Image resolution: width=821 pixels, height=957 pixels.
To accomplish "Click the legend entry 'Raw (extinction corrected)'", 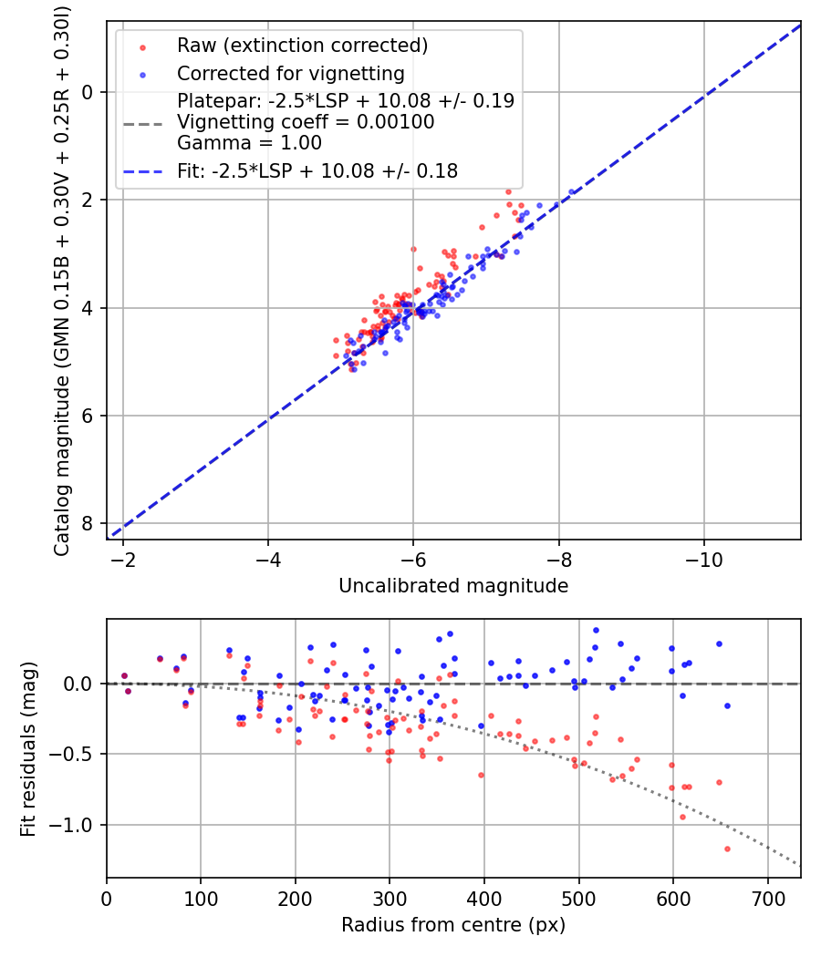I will click(x=302, y=46).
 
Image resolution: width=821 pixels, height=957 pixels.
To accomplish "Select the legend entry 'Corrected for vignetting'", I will click(x=291, y=73).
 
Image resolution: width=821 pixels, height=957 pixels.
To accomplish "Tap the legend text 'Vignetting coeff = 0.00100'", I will click(x=306, y=122).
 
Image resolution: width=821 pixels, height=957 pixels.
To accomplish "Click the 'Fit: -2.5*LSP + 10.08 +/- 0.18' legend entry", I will click(x=317, y=170).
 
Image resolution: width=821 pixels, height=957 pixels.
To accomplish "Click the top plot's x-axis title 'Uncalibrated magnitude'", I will click(x=453, y=586).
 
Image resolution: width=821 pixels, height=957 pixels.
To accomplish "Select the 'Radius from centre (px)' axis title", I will click(x=453, y=925).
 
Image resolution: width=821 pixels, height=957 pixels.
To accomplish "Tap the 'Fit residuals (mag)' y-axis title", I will click(x=28, y=749).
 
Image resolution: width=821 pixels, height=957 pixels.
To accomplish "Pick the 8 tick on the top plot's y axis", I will click(x=88, y=523).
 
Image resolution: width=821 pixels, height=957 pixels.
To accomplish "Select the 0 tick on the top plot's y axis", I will click(x=88, y=92).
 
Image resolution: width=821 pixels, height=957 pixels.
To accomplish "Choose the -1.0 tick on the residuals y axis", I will click(x=77, y=825).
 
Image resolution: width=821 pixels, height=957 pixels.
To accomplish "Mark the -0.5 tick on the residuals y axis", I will click(x=77, y=755).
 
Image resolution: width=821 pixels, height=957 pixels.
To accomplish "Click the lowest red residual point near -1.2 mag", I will click(x=727, y=849).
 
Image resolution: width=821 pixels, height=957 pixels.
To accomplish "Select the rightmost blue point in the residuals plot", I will click(x=727, y=705).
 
